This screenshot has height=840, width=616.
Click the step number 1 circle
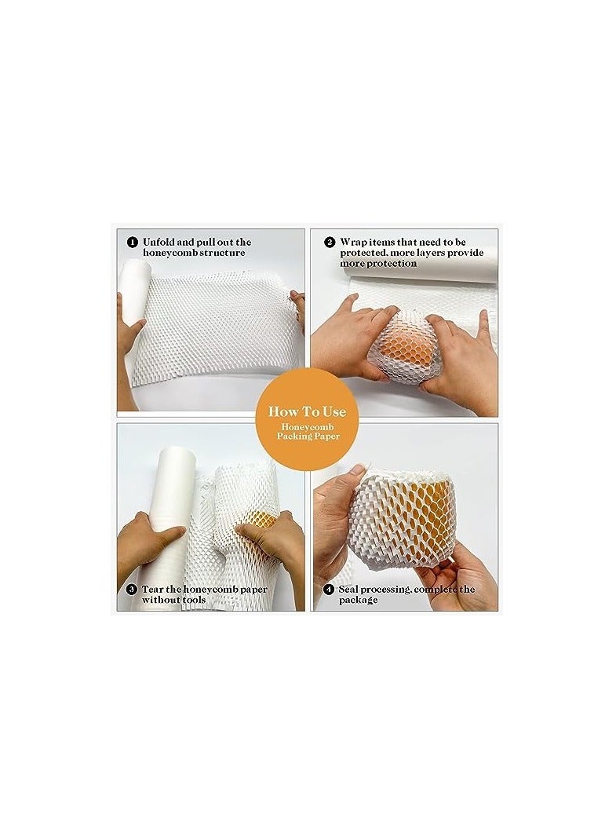(132, 243)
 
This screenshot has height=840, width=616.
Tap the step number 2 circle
(330, 243)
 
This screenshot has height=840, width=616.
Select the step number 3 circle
(132, 590)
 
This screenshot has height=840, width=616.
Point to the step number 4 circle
(329, 589)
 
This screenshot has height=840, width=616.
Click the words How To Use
(308, 411)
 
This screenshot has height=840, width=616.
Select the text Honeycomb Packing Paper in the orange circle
(308, 430)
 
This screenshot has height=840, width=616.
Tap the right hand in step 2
(463, 353)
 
